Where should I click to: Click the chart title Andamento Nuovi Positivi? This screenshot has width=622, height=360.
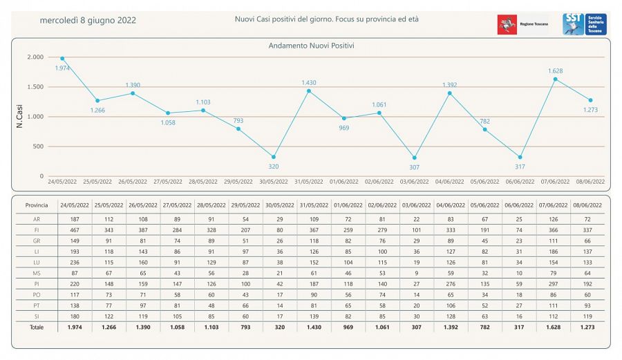pyautogui.click(x=310, y=46)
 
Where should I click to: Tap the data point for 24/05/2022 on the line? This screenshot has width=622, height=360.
pyautogui.click(x=62, y=59)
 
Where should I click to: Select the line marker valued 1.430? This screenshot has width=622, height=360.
pyautogui.click(x=309, y=91)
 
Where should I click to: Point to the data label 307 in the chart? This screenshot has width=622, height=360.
pyautogui.click(x=415, y=167)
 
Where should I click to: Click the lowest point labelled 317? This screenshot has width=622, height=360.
pyautogui.click(x=520, y=158)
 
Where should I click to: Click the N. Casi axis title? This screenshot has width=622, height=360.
pyautogui.click(x=20, y=117)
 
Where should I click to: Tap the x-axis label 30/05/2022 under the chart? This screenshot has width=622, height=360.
pyautogui.click(x=273, y=182)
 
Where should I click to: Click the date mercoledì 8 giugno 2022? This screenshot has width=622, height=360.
pyautogui.click(x=88, y=20)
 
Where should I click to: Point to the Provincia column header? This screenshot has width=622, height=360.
pyautogui.click(x=37, y=206)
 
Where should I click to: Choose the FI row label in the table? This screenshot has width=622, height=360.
pyautogui.click(x=37, y=229)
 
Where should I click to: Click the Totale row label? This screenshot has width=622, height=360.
pyautogui.click(x=37, y=327)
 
